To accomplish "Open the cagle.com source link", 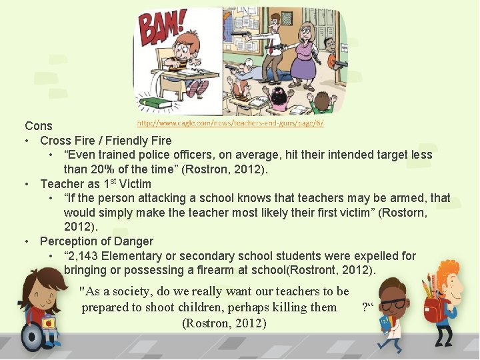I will [230, 123].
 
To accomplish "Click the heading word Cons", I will [39, 126].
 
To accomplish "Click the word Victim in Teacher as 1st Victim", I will [135, 184].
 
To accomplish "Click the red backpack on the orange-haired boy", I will [435, 309].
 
